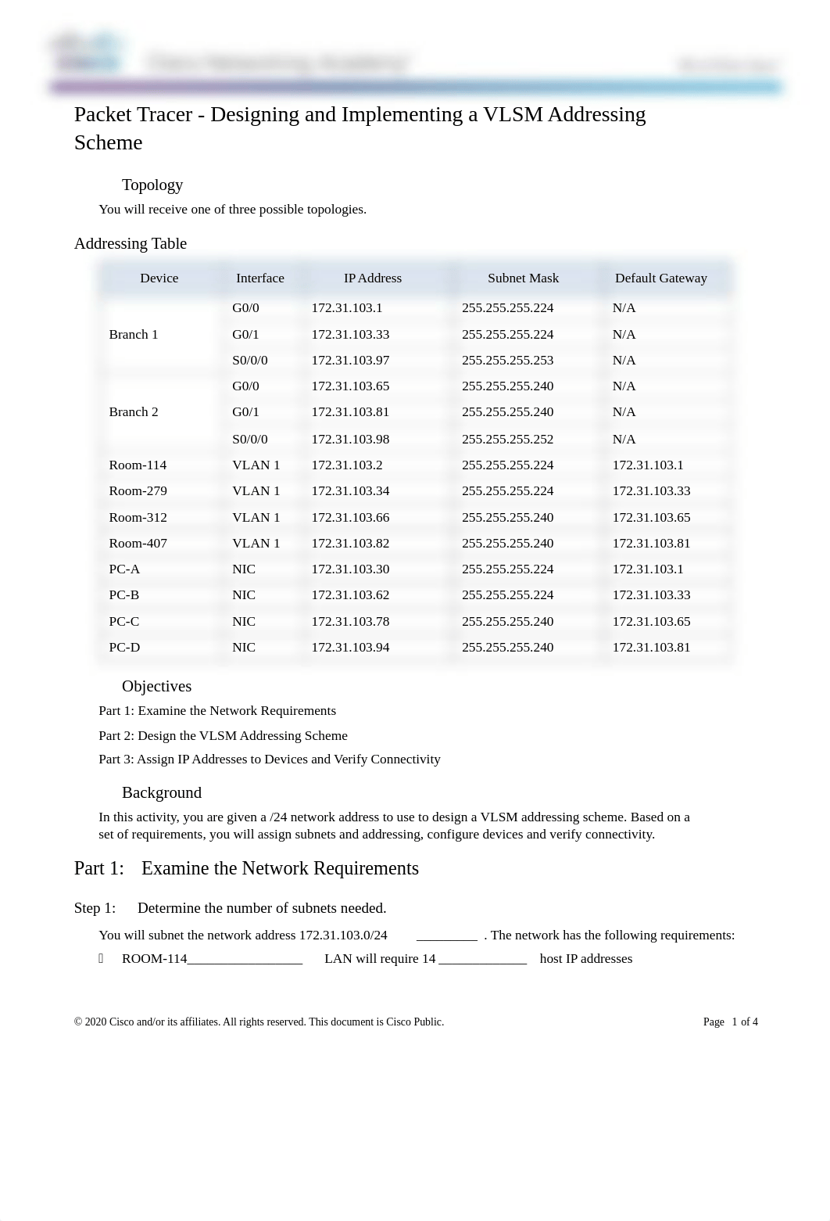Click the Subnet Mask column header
(523, 278)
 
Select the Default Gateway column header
(660, 278)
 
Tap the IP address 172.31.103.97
(350, 361)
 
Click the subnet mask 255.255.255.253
(507, 361)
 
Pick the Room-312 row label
(138, 518)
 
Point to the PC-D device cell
(124, 648)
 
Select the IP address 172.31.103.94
(350, 648)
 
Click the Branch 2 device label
(134, 412)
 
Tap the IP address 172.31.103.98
(350, 440)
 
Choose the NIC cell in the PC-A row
(244, 569)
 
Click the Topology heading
(152, 185)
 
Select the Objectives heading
(156, 687)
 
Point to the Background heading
(162, 793)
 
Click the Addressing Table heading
(131, 244)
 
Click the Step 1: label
(95, 908)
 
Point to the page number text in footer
(730, 1022)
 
